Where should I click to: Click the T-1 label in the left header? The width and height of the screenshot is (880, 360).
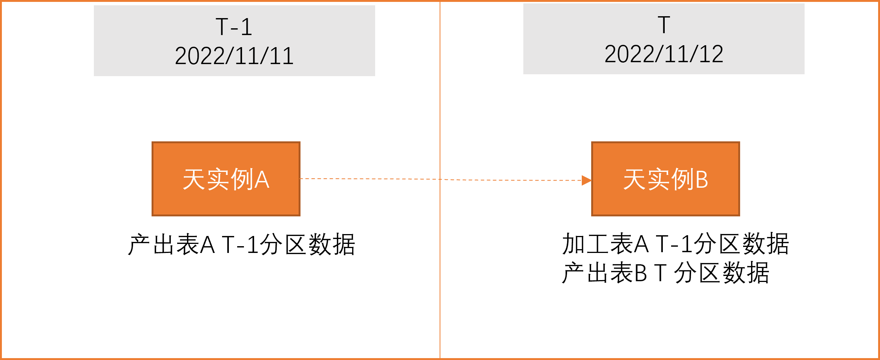234,27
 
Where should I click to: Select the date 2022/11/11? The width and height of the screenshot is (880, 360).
234,56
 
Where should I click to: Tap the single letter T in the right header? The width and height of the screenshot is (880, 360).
664,25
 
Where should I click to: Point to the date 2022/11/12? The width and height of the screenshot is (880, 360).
664,54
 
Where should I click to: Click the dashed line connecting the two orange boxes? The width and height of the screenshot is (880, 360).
377,179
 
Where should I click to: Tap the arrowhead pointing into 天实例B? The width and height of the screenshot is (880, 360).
586,181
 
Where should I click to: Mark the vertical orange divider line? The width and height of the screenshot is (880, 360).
440,264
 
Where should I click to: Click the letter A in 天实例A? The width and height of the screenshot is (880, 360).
262,179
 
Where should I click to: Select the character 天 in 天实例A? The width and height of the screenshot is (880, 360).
194,179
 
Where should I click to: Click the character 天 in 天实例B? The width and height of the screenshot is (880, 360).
635,179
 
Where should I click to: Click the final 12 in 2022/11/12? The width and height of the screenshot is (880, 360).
711,54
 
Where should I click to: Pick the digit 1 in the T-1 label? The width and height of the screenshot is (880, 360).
246,27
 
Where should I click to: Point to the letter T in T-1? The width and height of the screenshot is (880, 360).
222,27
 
